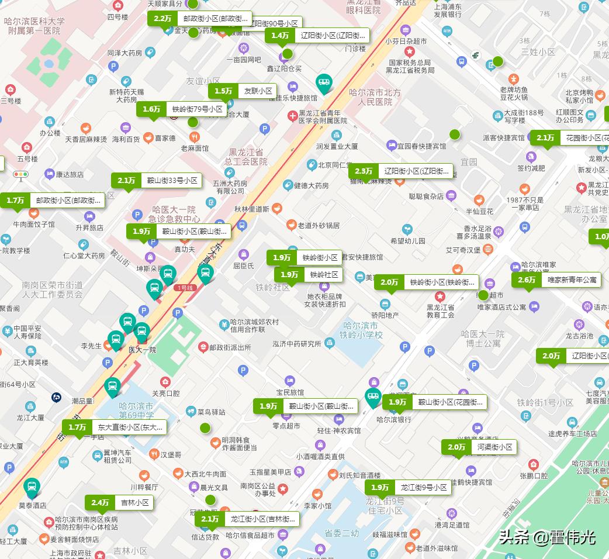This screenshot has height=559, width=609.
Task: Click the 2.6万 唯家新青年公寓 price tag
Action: point(556,280)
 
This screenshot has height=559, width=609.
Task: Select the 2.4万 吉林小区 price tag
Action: point(120,502)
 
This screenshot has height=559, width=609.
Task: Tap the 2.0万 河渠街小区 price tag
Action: point(479,447)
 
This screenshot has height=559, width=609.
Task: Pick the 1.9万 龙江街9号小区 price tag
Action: point(408,487)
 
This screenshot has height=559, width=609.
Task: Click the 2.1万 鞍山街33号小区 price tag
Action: point(157,181)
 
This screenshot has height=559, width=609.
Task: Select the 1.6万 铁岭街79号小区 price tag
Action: point(182,109)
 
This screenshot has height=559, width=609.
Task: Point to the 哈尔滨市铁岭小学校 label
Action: point(362,330)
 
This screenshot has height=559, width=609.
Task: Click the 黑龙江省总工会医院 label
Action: point(248,157)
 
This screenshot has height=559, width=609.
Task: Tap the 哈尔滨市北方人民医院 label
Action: point(375,97)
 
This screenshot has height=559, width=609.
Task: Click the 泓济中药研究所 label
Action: point(296,344)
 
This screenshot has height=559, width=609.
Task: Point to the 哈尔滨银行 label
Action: point(393,419)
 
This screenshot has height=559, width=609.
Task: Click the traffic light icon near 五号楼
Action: point(21,174)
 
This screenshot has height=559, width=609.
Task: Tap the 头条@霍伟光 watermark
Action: point(547,537)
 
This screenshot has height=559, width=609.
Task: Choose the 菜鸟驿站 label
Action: point(211,412)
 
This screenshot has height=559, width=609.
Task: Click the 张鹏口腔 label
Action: point(534,476)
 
